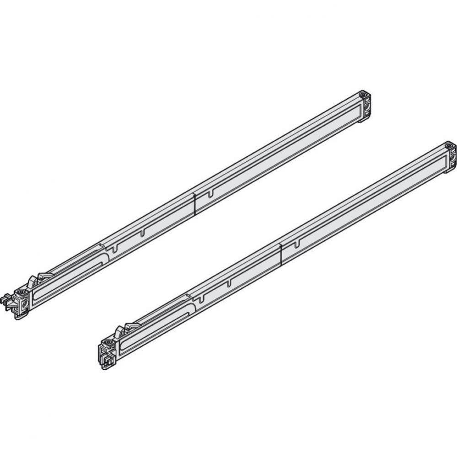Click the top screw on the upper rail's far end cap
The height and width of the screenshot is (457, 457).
click(362, 95)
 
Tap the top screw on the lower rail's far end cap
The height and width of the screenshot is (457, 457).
click(449, 147)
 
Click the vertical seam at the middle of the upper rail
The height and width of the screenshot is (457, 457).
click(195, 203)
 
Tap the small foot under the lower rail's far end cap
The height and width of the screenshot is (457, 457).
click(446, 172)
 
